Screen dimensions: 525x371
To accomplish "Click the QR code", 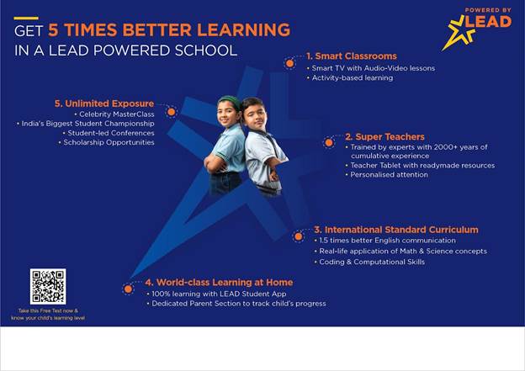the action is coord(48,286).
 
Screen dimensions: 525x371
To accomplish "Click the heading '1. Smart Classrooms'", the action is coord(352,56).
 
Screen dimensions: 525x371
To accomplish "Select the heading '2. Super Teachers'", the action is coord(384,136).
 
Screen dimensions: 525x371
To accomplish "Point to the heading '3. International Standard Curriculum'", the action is coord(396,230).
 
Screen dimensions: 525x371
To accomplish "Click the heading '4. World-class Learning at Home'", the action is coord(219,283).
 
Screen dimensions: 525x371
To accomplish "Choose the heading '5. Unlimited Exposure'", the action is coord(104,103).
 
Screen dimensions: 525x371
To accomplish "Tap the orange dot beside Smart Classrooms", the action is coord(290,63).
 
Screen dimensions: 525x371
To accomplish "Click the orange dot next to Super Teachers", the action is coord(329,143).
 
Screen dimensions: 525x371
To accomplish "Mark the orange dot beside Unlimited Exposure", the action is coord(171,112).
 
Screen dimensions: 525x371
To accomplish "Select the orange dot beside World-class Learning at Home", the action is coord(128,289).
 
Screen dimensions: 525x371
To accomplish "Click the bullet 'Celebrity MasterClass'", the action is coord(114,114).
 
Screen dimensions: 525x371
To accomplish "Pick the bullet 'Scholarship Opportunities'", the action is coord(107,142).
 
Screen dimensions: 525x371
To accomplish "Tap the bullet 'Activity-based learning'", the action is coord(350,77).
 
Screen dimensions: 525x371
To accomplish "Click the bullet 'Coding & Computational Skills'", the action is coord(369,262).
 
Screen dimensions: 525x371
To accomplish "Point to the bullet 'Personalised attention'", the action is coord(387,174).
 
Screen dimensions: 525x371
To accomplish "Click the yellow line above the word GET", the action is coord(26,18).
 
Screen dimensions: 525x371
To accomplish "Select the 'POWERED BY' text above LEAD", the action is coord(488,10).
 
